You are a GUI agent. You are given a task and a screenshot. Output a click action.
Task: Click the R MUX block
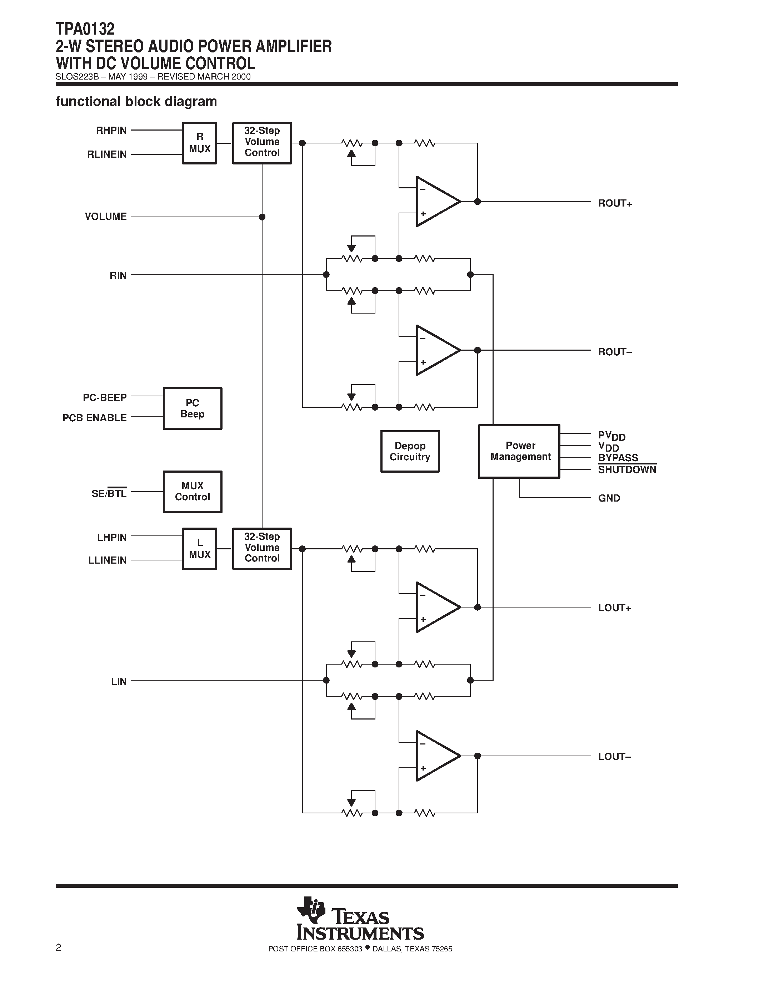pos(199,143)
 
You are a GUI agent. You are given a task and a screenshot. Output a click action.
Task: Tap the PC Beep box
pos(192,408)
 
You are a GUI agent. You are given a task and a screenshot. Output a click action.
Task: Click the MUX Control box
pos(192,492)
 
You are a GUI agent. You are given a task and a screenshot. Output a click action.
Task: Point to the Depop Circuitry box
pos(410,451)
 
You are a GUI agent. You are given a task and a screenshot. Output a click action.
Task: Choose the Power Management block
pos(519,451)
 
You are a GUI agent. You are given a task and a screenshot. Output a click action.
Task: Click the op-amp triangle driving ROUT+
pos(436,201)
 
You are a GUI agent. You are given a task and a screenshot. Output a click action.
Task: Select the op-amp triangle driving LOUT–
pos(436,756)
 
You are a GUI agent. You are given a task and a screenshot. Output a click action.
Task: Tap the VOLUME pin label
pos(106,217)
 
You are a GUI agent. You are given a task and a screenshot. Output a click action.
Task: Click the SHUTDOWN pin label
pos(627,470)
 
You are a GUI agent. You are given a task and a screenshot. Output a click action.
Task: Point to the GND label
pos(609,498)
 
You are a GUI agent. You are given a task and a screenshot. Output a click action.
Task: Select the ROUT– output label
pos(615,352)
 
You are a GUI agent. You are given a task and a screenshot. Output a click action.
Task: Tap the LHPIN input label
pos(111,537)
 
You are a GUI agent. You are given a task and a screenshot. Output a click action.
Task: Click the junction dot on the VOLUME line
pos(262,217)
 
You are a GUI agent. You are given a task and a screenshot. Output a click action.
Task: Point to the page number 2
pos(59,948)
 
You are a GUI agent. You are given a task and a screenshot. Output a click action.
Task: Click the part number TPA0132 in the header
pos(85,29)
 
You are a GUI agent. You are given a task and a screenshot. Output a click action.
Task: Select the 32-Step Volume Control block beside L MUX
pos(262,548)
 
